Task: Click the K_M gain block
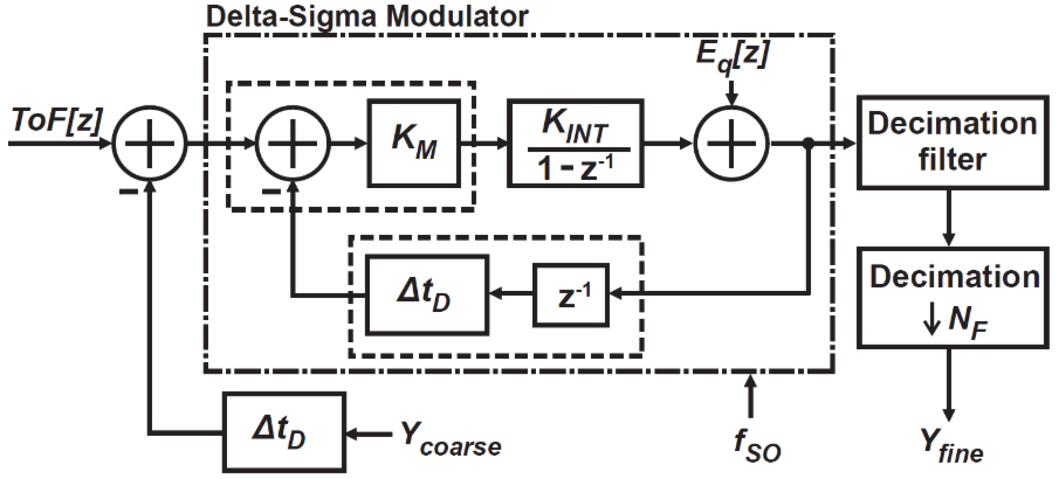click(414, 143)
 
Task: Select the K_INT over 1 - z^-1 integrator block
click(575, 143)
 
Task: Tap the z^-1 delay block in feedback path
click(571, 295)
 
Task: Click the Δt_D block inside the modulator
click(427, 295)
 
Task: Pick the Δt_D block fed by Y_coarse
click(284, 433)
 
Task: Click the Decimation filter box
click(952, 142)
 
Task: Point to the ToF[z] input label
click(57, 120)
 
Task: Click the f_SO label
click(757, 446)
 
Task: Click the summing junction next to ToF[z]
click(150, 143)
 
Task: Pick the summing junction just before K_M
click(293, 143)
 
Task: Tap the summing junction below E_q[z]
click(731, 143)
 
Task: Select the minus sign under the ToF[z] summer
click(128, 192)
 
